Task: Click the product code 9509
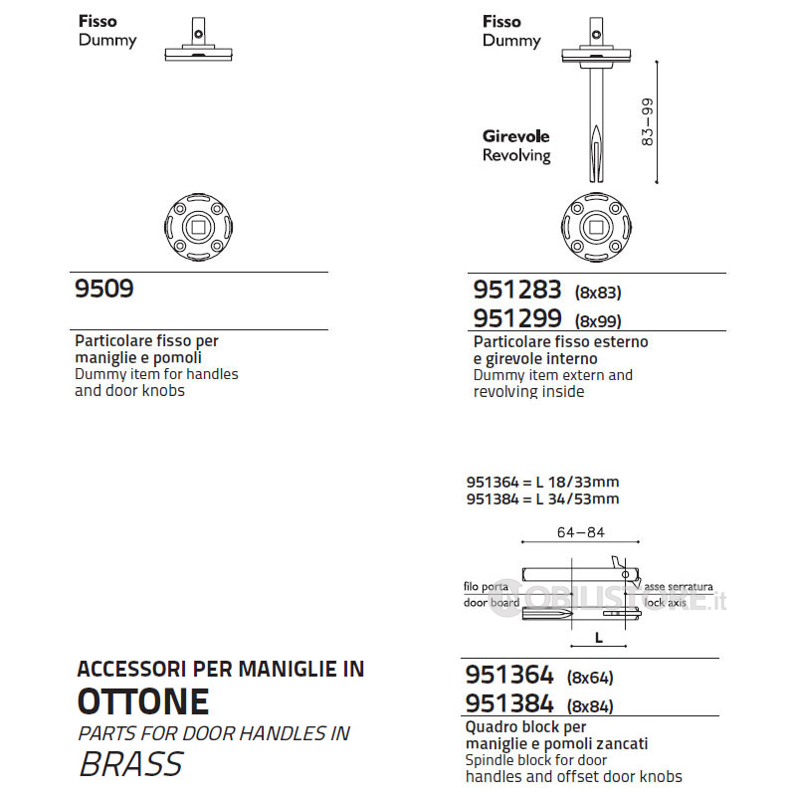pos(104,289)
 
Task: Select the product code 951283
pos(517,290)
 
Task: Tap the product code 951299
pos(517,318)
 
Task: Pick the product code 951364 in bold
pos(509,676)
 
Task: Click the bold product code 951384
pos(509,704)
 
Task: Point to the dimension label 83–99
pos(648,123)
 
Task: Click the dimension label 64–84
pos(581,532)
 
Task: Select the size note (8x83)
pos(598,293)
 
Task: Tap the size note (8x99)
pos(598,321)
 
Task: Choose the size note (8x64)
pos(590,679)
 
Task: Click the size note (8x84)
pos(590,707)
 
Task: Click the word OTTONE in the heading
pos(143,701)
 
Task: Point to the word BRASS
pos(130,764)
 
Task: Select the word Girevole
pos(515,136)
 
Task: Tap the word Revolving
pos(516,155)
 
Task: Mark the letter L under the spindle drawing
pos(599,637)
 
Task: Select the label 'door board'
pos(492,603)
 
